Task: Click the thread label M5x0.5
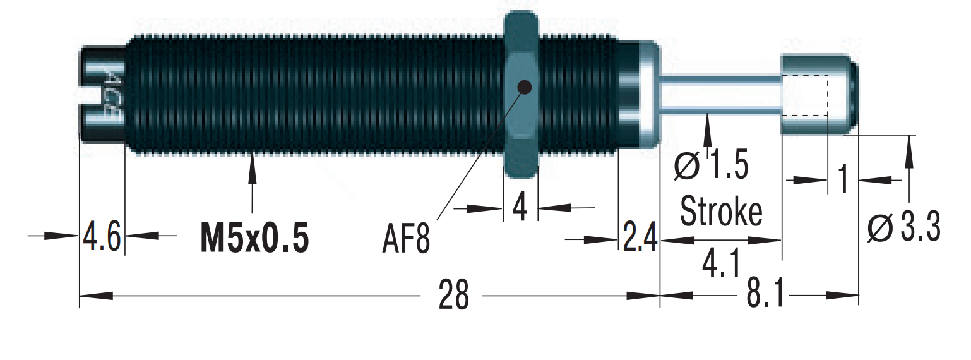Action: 254,238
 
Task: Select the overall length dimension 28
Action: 454,295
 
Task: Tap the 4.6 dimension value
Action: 102,237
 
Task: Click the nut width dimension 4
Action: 520,207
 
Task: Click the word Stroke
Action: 721,212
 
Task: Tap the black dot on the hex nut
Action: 524,87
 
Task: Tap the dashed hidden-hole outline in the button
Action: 805,95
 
